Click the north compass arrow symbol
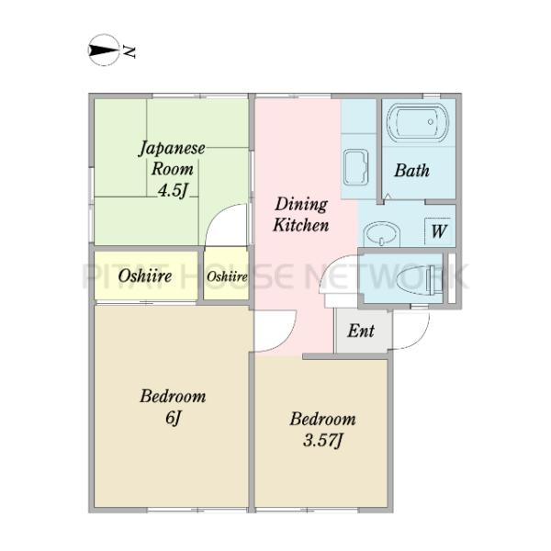103,51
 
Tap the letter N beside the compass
129,51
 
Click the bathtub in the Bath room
418,121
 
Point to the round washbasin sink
382,233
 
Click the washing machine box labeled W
439,231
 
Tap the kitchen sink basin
355,168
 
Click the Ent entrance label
361,331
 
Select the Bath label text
411,171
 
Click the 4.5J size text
172,190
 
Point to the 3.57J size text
322,440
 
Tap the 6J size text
173,418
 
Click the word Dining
301,205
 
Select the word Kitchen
301,225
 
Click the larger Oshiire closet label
145,275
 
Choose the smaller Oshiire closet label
227,276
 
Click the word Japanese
172,149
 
